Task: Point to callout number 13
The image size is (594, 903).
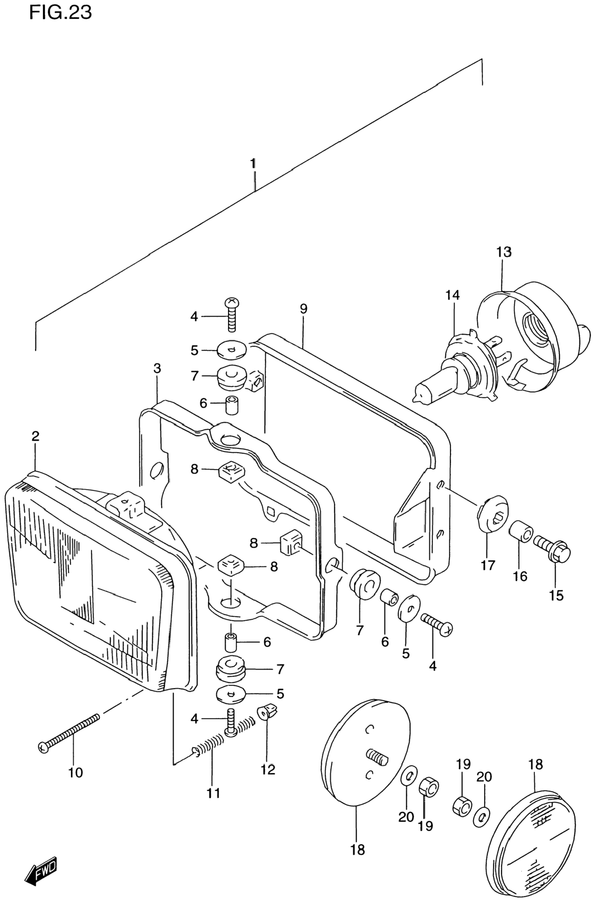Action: [504, 252]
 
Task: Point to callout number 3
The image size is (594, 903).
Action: [157, 369]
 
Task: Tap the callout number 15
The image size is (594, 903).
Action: [556, 596]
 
